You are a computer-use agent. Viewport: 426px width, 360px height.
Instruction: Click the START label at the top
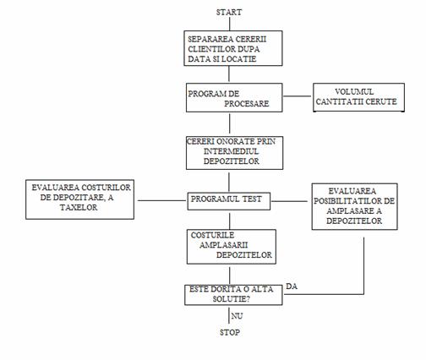[229, 13]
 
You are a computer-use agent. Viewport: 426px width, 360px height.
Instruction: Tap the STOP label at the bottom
[230, 332]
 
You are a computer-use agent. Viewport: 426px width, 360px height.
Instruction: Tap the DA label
[292, 286]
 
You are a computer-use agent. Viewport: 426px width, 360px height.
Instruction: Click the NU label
[237, 316]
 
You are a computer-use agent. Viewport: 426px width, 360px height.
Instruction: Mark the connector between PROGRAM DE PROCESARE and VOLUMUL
[297, 96]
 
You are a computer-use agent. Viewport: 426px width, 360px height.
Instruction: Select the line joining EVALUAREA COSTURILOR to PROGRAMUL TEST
[162, 200]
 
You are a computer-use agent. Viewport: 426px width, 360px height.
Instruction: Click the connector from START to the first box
[230, 24]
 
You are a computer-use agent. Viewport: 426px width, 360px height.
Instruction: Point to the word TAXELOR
[79, 208]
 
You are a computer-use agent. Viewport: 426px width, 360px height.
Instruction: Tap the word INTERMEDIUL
[231, 151]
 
